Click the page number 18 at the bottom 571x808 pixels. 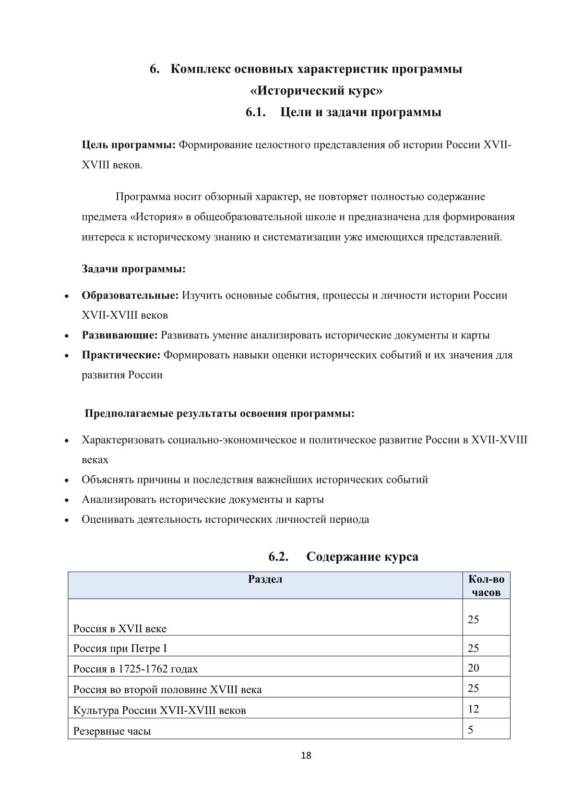click(x=306, y=756)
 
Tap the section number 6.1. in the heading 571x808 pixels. click(x=256, y=112)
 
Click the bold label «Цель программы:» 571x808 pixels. click(x=129, y=145)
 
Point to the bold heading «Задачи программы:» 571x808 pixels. click(x=133, y=269)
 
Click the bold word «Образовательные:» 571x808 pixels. click(x=130, y=295)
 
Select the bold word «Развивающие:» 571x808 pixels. click(x=119, y=335)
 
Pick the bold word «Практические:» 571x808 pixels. click(x=121, y=355)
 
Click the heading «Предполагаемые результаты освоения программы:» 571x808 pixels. click(x=220, y=413)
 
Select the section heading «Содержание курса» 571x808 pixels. click(x=362, y=557)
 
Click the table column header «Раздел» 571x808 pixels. click(x=265, y=579)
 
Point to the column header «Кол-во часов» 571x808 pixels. click(x=486, y=586)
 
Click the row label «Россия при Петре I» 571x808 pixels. click(x=120, y=649)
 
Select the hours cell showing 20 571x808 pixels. click(x=473, y=668)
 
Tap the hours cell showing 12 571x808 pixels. click(x=473, y=709)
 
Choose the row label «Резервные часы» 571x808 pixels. click(x=112, y=731)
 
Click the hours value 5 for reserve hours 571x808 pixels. click(x=471, y=730)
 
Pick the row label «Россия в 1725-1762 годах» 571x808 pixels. click(x=135, y=669)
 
